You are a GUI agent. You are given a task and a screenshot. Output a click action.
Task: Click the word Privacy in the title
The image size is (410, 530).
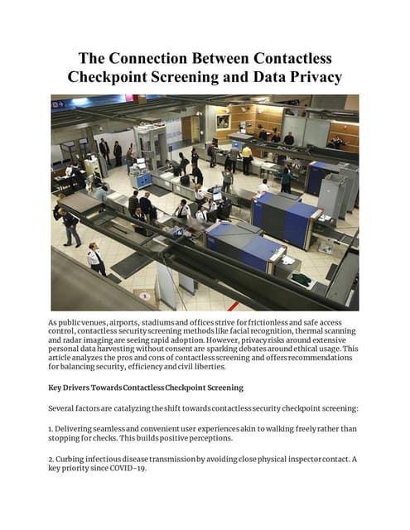[x=303, y=79]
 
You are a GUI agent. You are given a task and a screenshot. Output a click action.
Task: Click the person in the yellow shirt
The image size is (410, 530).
[x=246, y=158]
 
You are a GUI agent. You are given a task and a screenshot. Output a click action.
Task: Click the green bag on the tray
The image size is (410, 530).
[x=301, y=280]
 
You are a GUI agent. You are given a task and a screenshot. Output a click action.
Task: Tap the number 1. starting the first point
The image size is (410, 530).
[x=52, y=428]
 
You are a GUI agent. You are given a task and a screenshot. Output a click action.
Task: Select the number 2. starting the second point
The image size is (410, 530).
[x=52, y=458]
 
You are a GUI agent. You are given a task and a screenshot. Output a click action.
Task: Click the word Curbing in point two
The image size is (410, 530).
[x=76, y=458]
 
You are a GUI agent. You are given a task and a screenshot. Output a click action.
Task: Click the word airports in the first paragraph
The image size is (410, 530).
[x=112, y=320]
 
